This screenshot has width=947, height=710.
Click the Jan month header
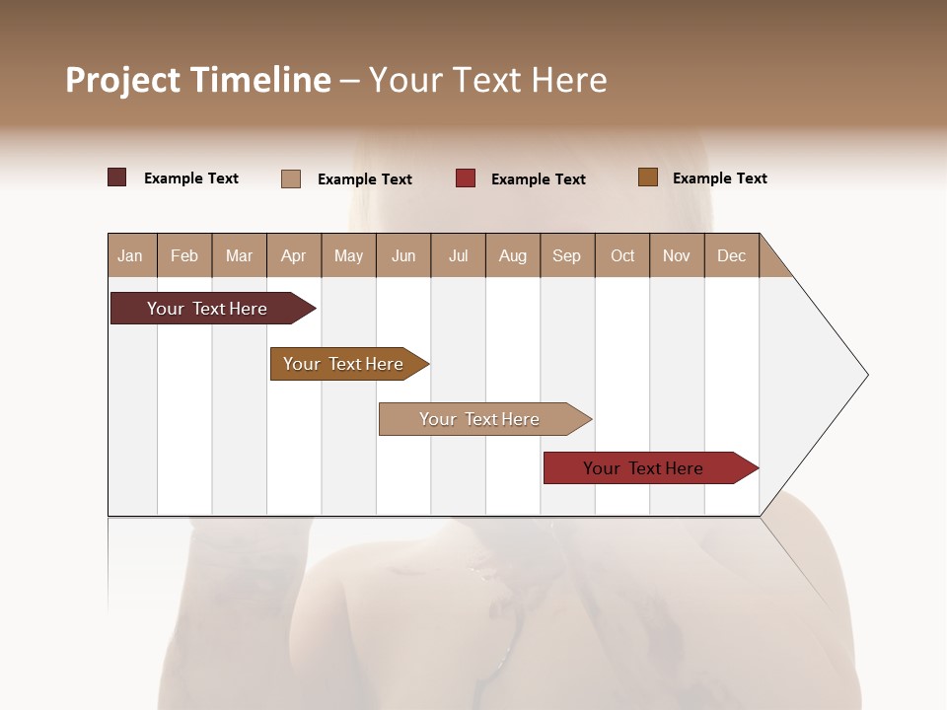(x=131, y=255)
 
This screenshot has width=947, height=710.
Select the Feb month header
(x=184, y=255)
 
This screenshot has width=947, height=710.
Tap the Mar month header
(x=239, y=255)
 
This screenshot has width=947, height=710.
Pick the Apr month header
(x=294, y=255)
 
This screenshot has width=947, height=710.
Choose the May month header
(x=348, y=255)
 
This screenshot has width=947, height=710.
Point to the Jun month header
(x=403, y=255)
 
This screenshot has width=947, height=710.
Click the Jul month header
(x=458, y=255)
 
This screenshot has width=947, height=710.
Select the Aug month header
(x=513, y=255)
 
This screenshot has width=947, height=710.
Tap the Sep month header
(x=567, y=255)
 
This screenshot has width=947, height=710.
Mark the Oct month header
(x=622, y=255)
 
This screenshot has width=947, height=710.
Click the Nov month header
(x=677, y=255)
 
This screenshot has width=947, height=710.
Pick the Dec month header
(x=732, y=255)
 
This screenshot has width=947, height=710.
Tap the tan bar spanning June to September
(x=480, y=419)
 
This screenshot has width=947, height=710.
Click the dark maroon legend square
(x=117, y=177)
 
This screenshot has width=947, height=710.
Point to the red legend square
(x=466, y=178)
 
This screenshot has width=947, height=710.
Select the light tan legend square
(x=291, y=178)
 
